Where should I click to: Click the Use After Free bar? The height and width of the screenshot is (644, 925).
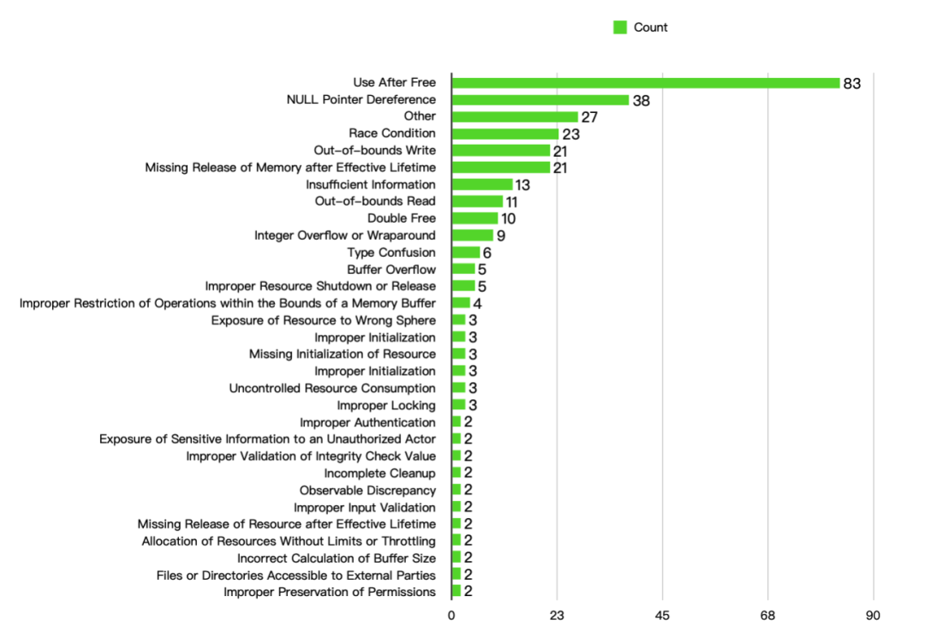(x=646, y=83)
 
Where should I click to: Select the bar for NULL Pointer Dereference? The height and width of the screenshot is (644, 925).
(x=540, y=100)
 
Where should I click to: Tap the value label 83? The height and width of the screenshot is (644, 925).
(x=851, y=83)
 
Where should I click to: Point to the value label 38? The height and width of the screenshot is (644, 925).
(x=642, y=100)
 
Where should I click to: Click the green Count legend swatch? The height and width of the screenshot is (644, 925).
(x=620, y=27)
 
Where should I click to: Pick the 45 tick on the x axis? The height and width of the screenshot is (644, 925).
(x=663, y=615)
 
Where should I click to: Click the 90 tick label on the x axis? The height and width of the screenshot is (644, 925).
(x=874, y=615)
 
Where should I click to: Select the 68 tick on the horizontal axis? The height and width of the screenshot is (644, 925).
(x=768, y=615)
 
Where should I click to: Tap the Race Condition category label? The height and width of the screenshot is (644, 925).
(x=392, y=134)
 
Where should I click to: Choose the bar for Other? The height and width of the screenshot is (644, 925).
(x=515, y=116)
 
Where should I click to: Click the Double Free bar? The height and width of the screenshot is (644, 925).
(x=474, y=218)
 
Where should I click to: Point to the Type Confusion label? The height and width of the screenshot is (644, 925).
(x=391, y=253)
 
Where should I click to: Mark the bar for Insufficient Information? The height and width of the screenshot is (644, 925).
(x=482, y=185)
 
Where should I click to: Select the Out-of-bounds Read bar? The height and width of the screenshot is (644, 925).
(x=477, y=202)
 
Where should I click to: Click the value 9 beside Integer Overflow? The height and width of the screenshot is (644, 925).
(x=501, y=236)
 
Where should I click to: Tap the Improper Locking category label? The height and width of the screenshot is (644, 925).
(x=386, y=405)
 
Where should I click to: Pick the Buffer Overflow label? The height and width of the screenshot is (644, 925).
(x=391, y=270)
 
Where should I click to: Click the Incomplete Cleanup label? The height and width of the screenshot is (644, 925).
(x=379, y=474)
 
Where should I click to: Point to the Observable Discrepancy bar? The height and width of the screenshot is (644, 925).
(x=457, y=490)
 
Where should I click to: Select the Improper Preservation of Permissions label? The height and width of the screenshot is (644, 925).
(x=330, y=592)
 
